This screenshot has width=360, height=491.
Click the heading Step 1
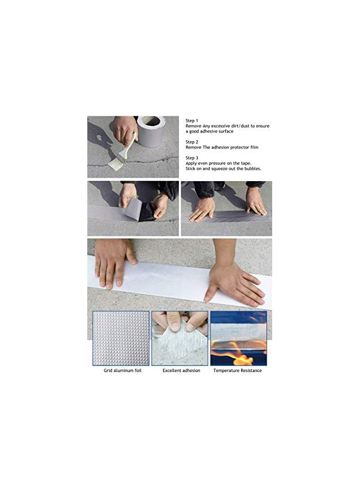[x=192, y=120]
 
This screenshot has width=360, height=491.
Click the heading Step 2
[x=192, y=141]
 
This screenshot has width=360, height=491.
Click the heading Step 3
[x=192, y=158]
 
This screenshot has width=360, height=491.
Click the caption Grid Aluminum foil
[x=123, y=370]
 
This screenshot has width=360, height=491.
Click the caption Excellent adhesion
[x=181, y=370]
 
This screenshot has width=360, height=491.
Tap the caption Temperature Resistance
[x=237, y=370]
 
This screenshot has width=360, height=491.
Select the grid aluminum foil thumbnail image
[x=121, y=338]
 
